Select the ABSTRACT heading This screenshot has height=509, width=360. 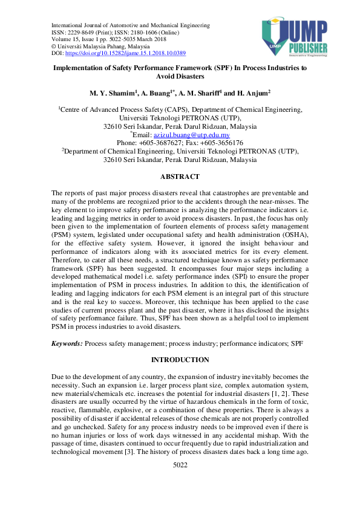[x=180, y=177]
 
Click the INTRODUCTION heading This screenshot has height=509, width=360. [x=180, y=360]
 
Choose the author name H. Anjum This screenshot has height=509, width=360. [x=254, y=93]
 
